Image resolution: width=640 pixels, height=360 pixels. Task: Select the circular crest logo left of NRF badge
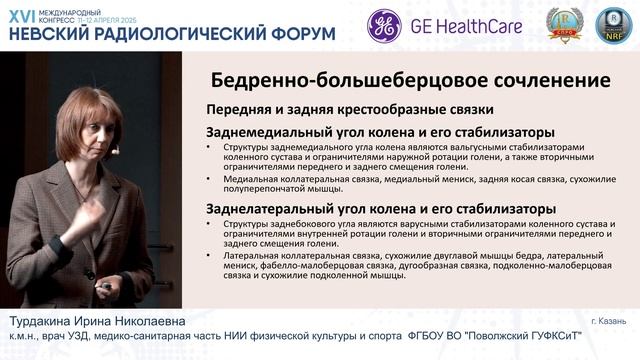pos(563,27)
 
